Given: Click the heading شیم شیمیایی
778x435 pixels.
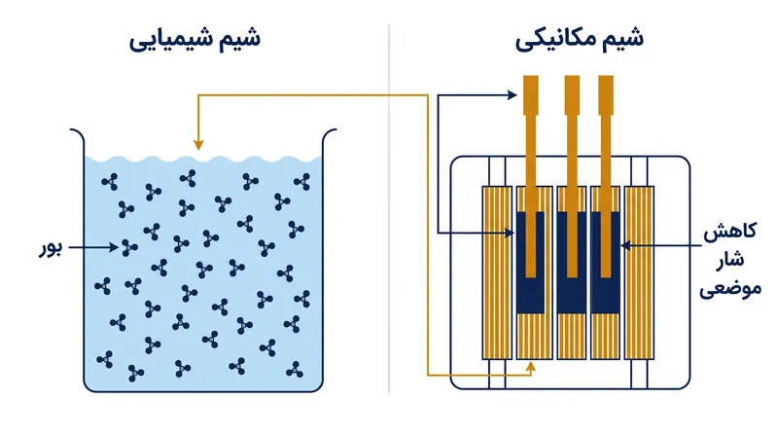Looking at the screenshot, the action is [x=195, y=39].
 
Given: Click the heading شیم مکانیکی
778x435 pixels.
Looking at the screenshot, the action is [x=579, y=39].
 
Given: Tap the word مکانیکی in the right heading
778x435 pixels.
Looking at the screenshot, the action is [x=555, y=39].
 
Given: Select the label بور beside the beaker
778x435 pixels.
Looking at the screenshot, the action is [x=51, y=248].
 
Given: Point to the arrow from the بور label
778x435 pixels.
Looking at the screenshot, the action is [x=93, y=246].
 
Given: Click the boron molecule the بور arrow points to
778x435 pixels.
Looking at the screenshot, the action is [x=129, y=247].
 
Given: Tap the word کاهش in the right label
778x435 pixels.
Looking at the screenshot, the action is [x=730, y=232].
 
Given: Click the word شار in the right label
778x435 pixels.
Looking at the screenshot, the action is [x=730, y=259].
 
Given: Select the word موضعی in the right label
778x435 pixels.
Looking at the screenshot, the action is [x=730, y=288].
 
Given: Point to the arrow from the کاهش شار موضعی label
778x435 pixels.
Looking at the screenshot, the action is [x=662, y=245].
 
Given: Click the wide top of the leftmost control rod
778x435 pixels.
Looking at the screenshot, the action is [x=531, y=95].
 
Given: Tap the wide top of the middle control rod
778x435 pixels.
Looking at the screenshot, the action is [x=572, y=95].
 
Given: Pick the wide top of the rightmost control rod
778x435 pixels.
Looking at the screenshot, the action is [x=606, y=95].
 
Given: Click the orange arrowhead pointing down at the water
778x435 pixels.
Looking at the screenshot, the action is [x=198, y=144].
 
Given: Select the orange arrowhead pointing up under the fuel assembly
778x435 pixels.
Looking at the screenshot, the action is [x=531, y=367].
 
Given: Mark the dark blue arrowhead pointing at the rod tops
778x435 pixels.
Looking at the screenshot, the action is [x=513, y=94].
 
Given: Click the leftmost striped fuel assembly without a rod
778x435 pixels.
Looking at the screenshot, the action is [x=497, y=272].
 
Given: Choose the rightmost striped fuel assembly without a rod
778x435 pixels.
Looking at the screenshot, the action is [x=639, y=272].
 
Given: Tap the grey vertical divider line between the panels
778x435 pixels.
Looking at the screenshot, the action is [x=389, y=207].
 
